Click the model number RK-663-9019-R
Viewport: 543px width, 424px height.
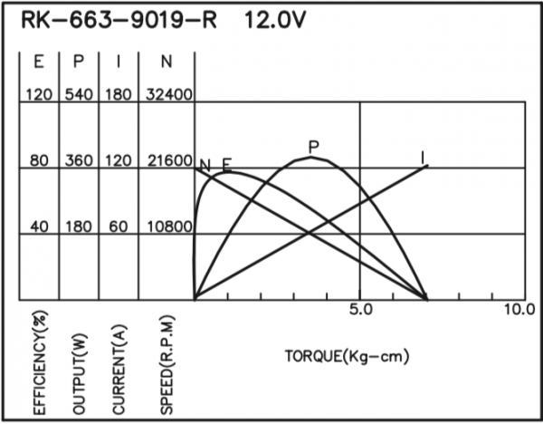pyautogui.click(x=119, y=20)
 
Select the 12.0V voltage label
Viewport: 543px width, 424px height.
pyautogui.click(x=276, y=20)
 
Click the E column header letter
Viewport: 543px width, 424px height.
pyautogui.click(x=39, y=62)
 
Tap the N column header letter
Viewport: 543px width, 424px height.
pyautogui.click(x=167, y=62)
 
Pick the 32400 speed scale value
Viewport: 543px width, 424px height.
pyautogui.click(x=168, y=94)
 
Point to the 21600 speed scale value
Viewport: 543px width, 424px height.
pyautogui.click(x=169, y=160)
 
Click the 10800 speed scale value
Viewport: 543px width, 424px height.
pyautogui.click(x=169, y=226)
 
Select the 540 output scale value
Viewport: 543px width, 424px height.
pyautogui.click(x=79, y=94)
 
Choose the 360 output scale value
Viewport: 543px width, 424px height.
pyautogui.click(x=79, y=160)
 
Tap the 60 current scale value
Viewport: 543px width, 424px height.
pyautogui.click(x=119, y=226)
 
